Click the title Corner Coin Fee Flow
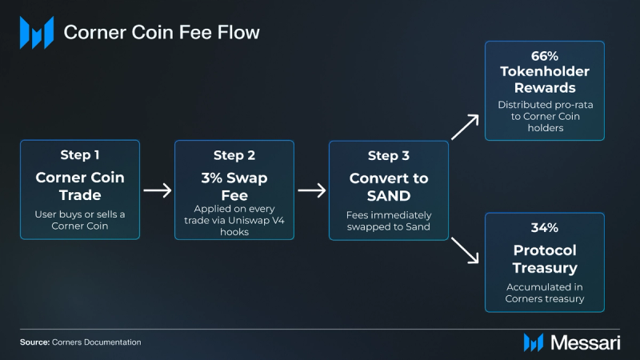click(x=161, y=33)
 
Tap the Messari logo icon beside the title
click(x=36, y=33)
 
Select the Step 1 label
click(x=81, y=154)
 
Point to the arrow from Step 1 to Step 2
click(x=158, y=190)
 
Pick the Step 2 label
click(x=234, y=154)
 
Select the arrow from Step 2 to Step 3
click(x=311, y=190)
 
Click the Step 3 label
click(x=388, y=154)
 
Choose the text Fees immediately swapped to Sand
click(x=388, y=222)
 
